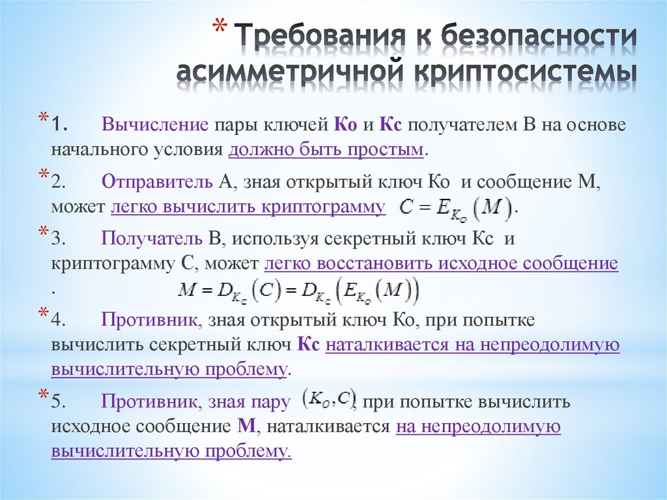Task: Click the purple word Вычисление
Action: click(154, 125)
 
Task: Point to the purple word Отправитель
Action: click(158, 184)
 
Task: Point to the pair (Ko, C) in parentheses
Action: click(328, 399)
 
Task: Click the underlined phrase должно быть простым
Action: click(326, 149)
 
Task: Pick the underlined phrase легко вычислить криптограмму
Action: click(248, 207)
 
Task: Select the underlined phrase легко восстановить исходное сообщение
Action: click(441, 263)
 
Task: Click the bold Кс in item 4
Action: click(308, 346)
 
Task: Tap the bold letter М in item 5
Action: click(246, 427)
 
